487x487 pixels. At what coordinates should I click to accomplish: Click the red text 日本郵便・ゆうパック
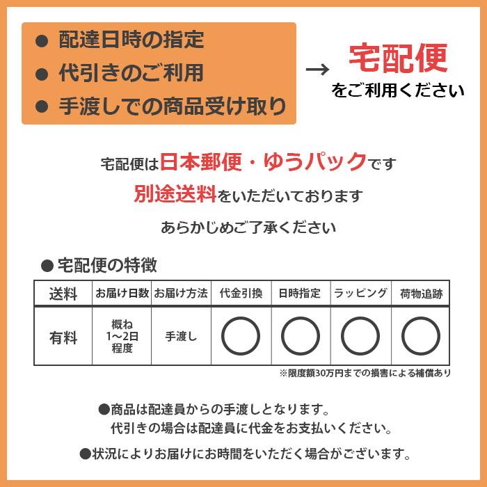tap(264, 162)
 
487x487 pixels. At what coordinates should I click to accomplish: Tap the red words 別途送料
tap(175, 194)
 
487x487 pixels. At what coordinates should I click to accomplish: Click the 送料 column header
tap(63, 294)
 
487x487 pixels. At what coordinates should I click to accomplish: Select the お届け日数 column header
tap(122, 294)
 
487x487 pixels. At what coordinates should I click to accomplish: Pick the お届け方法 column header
tap(181, 294)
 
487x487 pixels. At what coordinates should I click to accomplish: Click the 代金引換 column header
tap(241, 294)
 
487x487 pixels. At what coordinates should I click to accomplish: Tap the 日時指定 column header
tap(300, 294)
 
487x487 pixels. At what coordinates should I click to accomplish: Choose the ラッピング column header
tap(360, 294)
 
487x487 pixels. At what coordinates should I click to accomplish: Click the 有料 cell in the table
tap(63, 337)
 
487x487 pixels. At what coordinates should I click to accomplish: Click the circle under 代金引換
tap(241, 336)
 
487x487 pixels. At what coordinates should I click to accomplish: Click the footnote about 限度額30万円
tap(365, 374)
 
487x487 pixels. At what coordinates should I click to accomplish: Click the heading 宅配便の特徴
tap(105, 265)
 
